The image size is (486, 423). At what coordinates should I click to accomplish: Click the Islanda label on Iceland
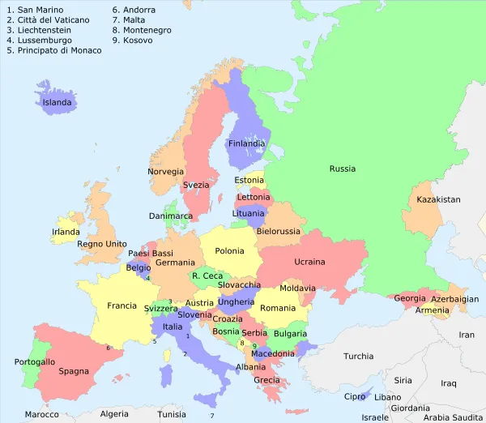pyautogui.click(x=58, y=103)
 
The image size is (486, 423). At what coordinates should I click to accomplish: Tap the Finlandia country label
pyautogui.click(x=246, y=143)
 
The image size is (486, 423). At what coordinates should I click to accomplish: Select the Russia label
pyautogui.click(x=342, y=169)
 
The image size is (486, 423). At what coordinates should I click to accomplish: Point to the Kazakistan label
pyautogui.click(x=437, y=199)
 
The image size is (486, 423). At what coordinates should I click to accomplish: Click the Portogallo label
pyautogui.click(x=35, y=361)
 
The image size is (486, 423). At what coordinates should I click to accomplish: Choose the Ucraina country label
pyautogui.click(x=309, y=262)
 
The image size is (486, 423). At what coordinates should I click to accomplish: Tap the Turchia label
pyautogui.click(x=358, y=356)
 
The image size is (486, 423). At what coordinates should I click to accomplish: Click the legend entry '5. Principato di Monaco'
pyautogui.click(x=54, y=50)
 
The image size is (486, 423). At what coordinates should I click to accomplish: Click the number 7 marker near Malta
pyautogui.click(x=212, y=416)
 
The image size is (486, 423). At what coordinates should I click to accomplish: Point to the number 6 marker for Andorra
pyautogui.click(x=108, y=348)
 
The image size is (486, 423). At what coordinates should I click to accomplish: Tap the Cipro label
pyautogui.click(x=356, y=397)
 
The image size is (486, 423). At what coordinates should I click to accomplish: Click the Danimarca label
pyautogui.click(x=171, y=216)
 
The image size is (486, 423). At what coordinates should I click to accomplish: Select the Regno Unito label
pyautogui.click(x=102, y=244)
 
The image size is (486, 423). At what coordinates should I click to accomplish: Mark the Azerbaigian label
pyautogui.click(x=454, y=299)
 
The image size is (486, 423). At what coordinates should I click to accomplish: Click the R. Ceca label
pyautogui.click(x=207, y=276)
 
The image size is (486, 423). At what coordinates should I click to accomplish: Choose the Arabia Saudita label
pyautogui.click(x=453, y=418)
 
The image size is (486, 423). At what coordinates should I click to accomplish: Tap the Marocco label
pyautogui.click(x=41, y=414)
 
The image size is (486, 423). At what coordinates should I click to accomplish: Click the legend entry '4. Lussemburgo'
pyautogui.click(x=39, y=40)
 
